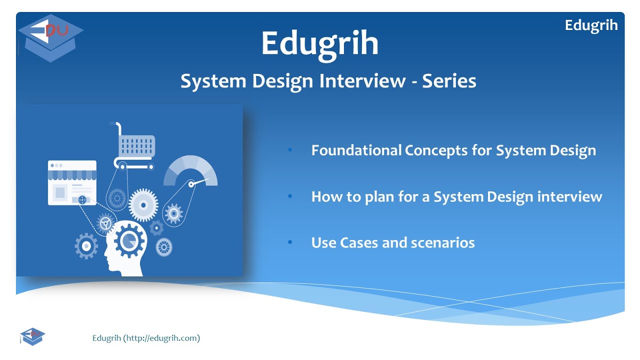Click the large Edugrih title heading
click(320, 43)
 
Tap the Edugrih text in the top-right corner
click(591, 25)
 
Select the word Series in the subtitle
click(449, 81)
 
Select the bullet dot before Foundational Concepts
click(290, 150)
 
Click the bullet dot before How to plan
click(290, 196)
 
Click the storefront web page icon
click(72, 182)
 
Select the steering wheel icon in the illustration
click(105, 223)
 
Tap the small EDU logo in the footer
click(32, 336)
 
